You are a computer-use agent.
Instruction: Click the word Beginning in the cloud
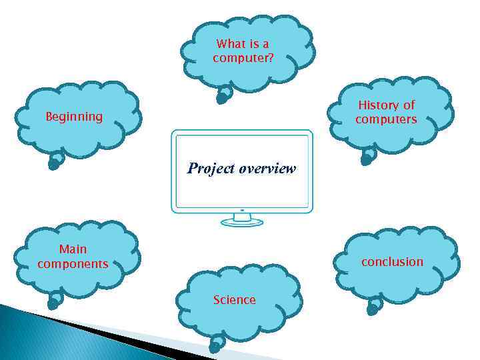pyautogui.click(x=73, y=117)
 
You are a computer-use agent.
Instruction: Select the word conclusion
pyautogui.click(x=392, y=262)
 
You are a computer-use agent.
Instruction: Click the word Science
pyautogui.click(x=234, y=300)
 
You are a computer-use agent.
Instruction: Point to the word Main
pyautogui.click(x=73, y=249)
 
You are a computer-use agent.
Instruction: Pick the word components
pyautogui.click(x=73, y=264)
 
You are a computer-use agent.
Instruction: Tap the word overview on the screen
pyautogui.click(x=266, y=168)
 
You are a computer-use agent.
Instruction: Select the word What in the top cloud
pyautogui.click(x=231, y=44)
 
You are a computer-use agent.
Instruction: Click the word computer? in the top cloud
pyautogui.click(x=243, y=58)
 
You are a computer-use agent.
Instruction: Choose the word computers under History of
pyautogui.click(x=386, y=119)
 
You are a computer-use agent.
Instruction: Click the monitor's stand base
pyautogui.click(x=241, y=222)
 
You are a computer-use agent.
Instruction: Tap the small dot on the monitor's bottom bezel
pyautogui.click(x=242, y=210)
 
